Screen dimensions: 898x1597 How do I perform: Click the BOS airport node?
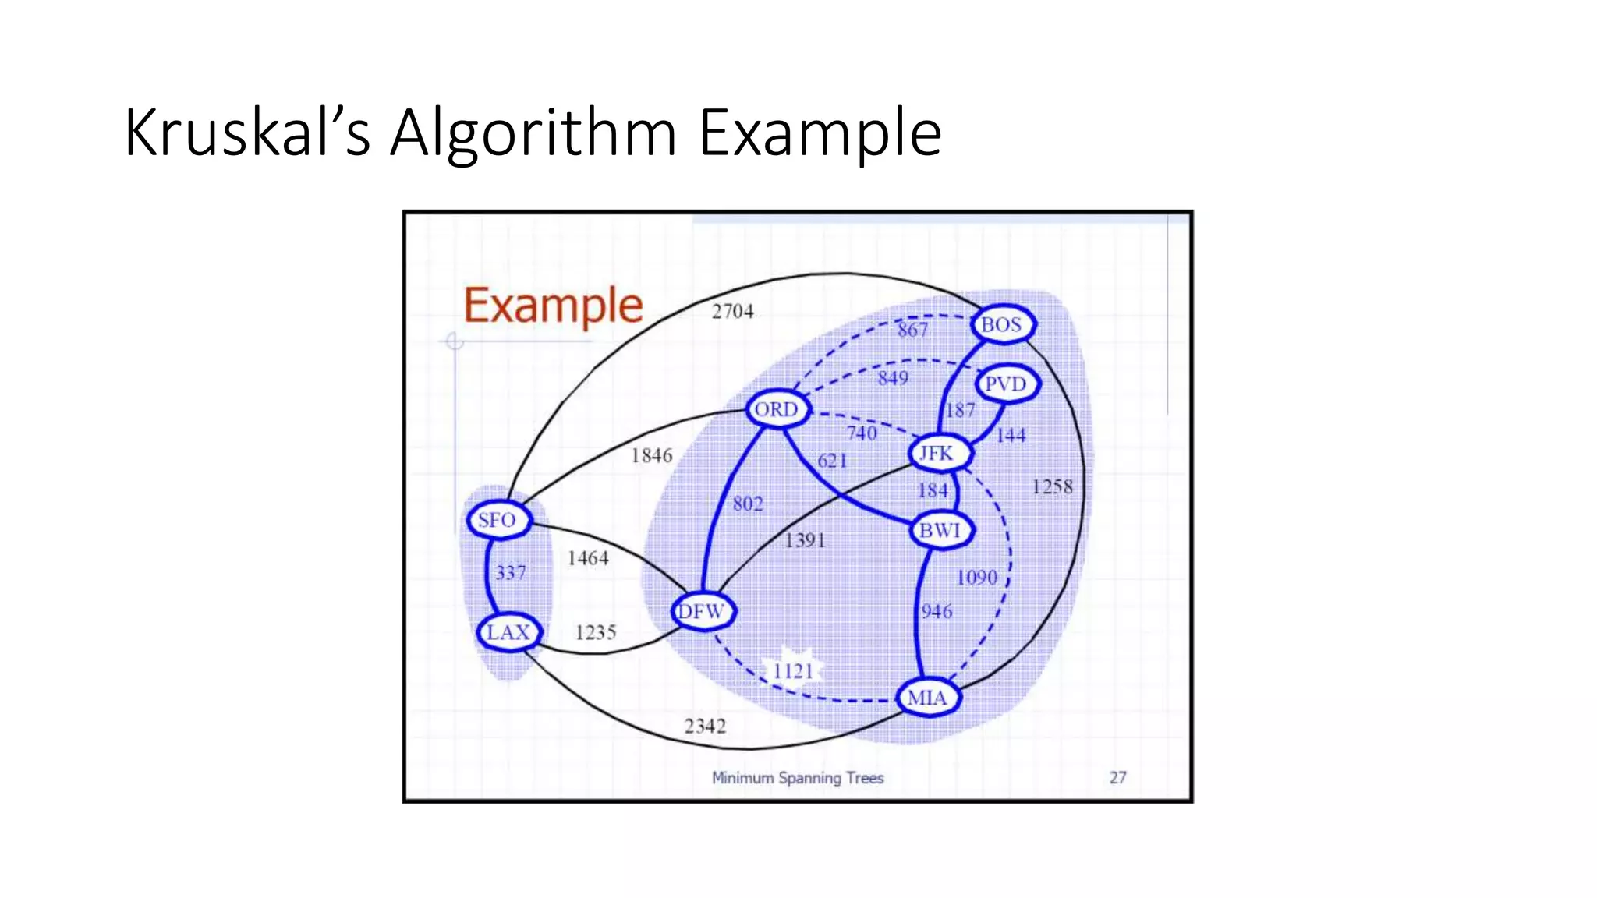pyautogui.click(x=1002, y=324)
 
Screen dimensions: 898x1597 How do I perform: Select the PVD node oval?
pyautogui.click(x=1006, y=384)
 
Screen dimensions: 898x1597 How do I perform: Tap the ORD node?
pyautogui.click(x=777, y=409)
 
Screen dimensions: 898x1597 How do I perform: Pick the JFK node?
pyautogui.click(x=937, y=453)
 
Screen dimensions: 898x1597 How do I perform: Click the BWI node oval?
pyautogui.click(x=940, y=530)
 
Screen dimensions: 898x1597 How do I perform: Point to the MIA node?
pyautogui.click(x=927, y=698)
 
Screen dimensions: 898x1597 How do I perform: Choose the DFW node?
pyautogui.click(x=702, y=611)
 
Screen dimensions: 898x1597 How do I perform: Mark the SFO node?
pyautogui.click(x=498, y=520)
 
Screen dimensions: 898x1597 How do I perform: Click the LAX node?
pyautogui.click(x=508, y=632)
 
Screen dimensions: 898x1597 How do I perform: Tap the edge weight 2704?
pyautogui.click(x=733, y=312)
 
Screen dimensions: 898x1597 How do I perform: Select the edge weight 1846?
pyautogui.click(x=652, y=455)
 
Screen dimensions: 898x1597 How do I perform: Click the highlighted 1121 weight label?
pyautogui.click(x=794, y=670)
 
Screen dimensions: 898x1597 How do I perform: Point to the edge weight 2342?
pyautogui.click(x=705, y=727)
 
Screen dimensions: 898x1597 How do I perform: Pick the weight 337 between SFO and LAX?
pyautogui.click(x=511, y=573)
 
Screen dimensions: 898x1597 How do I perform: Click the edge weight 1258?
pyautogui.click(x=1053, y=487)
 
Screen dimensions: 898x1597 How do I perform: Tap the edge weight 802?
pyautogui.click(x=748, y=504)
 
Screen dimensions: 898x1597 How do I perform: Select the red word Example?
pyautogui.click(x=554, y=306)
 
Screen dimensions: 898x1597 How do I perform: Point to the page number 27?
pyautogui.click(x=1118, y=777)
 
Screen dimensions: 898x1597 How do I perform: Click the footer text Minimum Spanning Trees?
pyautogui.click(x=798, y=777)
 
